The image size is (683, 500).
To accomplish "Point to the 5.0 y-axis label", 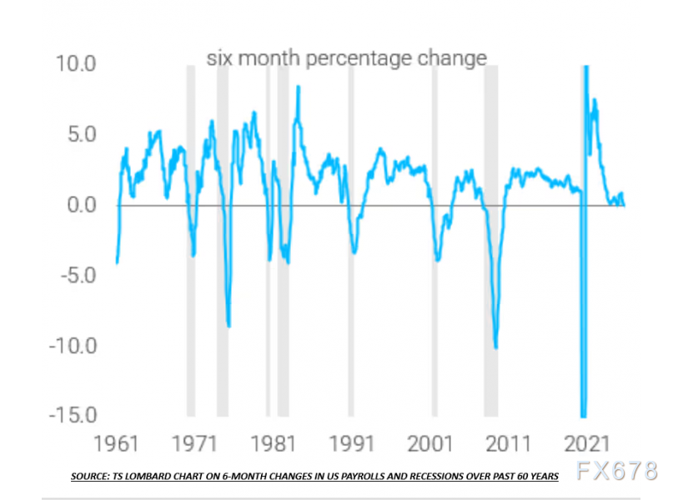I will pyautogui.click(x=78, y=134).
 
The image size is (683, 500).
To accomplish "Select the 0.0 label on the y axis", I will pyautogui.click(x=78, y=205).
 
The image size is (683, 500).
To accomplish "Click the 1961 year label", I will pyautogui.click(x=115, y=442).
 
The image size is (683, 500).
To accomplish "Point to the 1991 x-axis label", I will pyautogui.click(x=351, y=442).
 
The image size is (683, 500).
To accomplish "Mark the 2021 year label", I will pyautogui.click(x=588, y=442).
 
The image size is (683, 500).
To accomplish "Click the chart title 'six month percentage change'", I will pyautogui.click(x=346, y=59).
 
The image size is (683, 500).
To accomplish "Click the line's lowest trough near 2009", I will pyautogui.click(x=496, y=347).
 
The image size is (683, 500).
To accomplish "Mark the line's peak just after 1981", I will pyautogui.click(x=299, y=87).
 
